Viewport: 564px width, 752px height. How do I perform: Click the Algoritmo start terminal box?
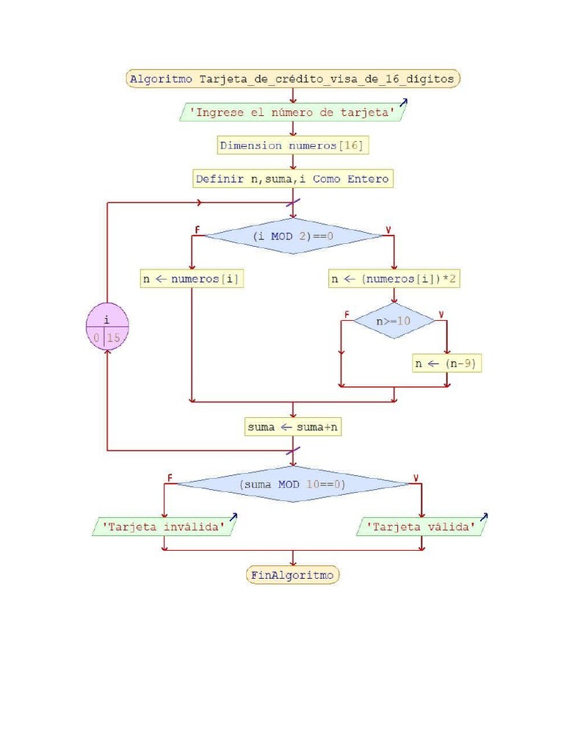coord(292,79)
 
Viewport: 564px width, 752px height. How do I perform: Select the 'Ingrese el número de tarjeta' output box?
coord(292,112)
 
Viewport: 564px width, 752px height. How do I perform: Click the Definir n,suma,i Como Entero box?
coord(292,178)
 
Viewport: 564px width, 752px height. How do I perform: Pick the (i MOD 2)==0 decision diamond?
coord(292,236)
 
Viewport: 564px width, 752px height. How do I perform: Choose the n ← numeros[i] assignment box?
coord(192,279)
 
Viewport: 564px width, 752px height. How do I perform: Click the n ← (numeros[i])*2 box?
coord(396,279)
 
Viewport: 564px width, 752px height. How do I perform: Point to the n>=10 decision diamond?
coord(394,320)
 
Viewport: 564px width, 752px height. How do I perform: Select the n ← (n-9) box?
coord(447,364)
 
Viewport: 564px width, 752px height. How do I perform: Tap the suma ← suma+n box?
coord(293,427)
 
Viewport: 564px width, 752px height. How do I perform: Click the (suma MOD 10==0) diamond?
coord(292,484)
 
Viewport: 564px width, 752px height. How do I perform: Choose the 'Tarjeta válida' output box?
coord(422,527)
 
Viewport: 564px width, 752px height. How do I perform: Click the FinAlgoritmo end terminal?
coord(292,575)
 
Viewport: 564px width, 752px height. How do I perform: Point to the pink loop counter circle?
coord(107,328)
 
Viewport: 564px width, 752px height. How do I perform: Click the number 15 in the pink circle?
coord(115,339)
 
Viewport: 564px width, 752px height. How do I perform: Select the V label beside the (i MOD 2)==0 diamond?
coord(387,231)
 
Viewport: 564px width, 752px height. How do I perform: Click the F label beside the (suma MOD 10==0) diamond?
coord(170,478)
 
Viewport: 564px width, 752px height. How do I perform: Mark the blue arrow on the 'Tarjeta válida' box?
coord(484,518)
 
